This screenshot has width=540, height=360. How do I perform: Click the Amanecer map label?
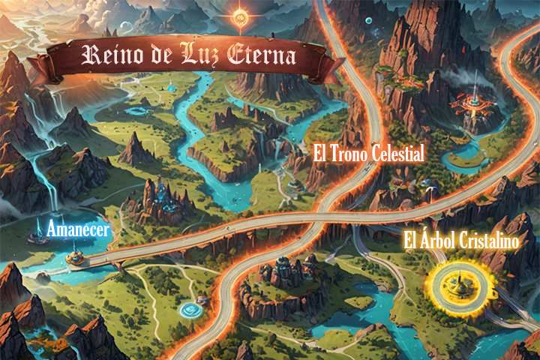coord(78,229)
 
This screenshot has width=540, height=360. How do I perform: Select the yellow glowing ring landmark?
coord(454,283)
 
